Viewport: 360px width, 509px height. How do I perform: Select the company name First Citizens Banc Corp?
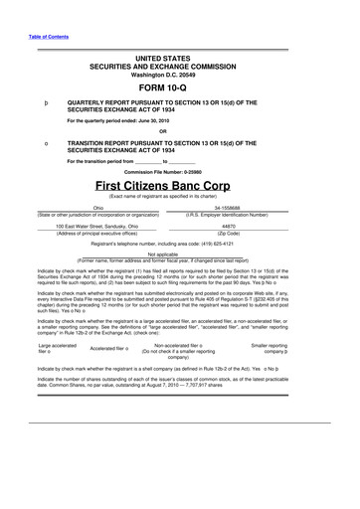point(179,186)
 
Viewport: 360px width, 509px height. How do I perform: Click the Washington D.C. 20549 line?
point(179,73)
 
